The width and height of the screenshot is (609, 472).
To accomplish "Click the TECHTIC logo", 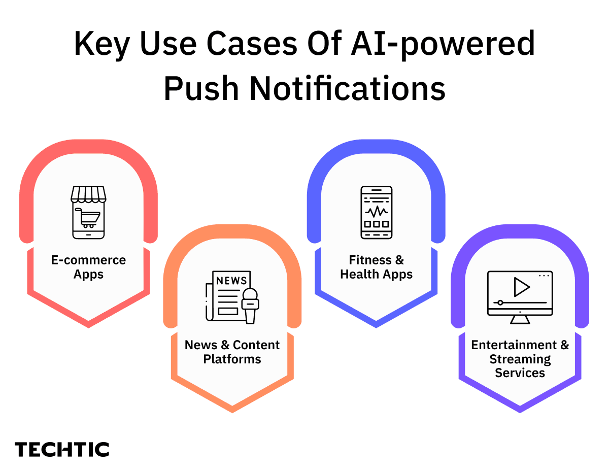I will click(62, 450).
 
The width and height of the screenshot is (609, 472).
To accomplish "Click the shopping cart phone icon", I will click(88, 212).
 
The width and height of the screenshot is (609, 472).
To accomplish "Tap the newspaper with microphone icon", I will click(232, 296).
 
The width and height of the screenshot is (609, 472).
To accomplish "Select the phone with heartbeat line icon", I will click(376, 212).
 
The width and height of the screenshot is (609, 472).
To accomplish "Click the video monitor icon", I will click(520, 297).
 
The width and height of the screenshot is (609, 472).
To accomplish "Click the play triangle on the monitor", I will click(521, 287).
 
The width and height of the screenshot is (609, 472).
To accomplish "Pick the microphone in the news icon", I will click(250, 305).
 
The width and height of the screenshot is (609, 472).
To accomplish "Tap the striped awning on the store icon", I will click(88, 193).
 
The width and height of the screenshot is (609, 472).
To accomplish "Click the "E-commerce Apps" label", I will click(88, 267).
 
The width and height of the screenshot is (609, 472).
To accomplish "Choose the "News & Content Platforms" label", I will click(232, 352).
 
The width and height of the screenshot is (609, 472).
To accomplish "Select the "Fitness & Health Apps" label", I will click(376, 267).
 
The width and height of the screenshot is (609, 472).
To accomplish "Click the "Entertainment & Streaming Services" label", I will click(520, 359).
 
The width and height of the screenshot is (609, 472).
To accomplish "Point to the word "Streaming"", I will click(520, 359).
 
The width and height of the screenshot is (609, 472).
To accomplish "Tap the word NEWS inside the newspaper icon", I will click(231, 281).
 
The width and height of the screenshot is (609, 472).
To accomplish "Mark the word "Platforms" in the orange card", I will click(232, 359).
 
